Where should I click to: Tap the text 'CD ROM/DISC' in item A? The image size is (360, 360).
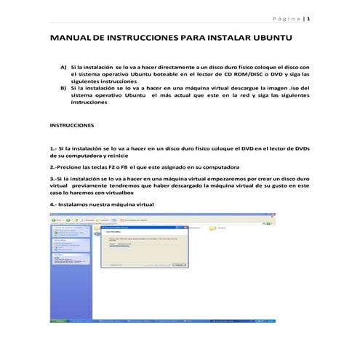tap(241, 73)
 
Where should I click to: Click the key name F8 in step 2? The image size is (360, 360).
tap(122, 167)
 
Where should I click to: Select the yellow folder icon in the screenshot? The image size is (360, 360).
tap(214, 228)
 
